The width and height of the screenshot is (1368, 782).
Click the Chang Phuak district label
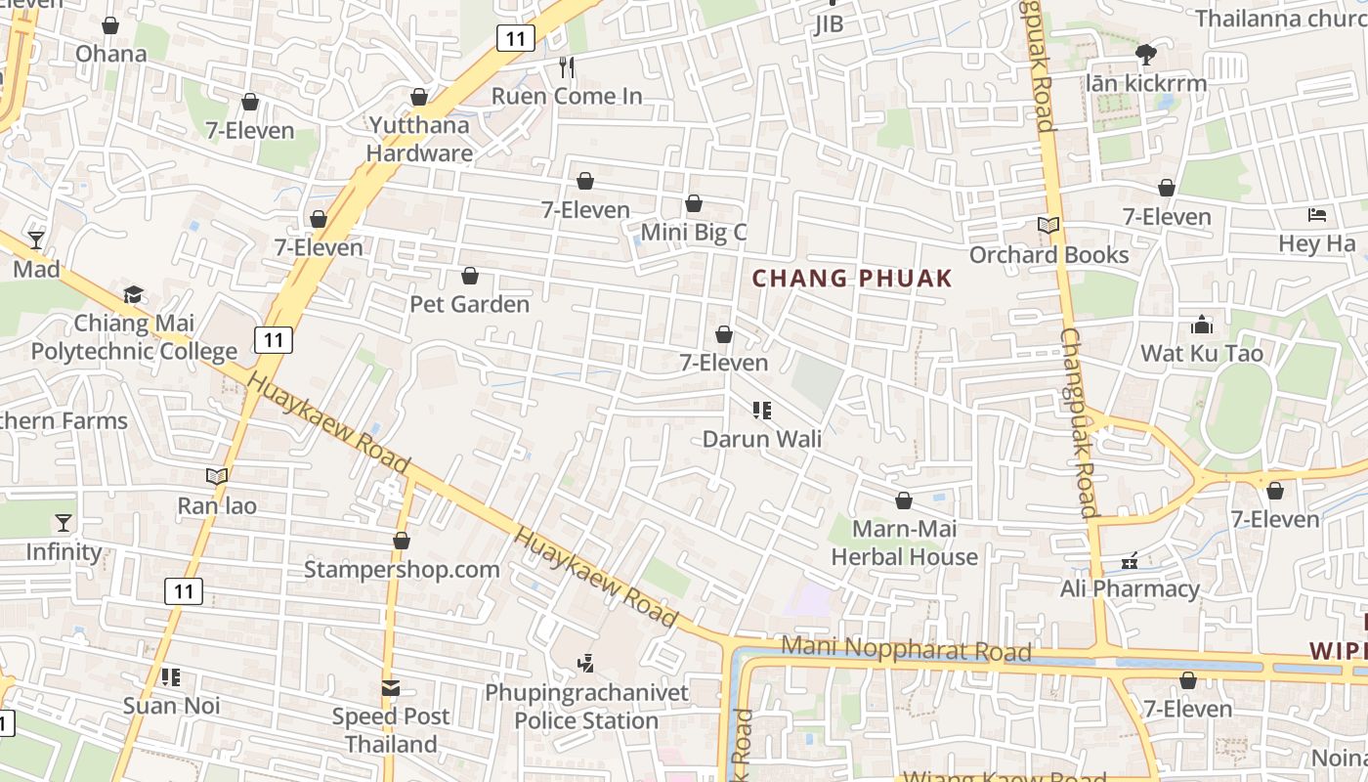click(852, 279)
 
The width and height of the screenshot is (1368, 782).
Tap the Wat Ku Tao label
click(1202, 353)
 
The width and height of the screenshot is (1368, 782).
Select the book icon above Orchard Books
click(1048, 225)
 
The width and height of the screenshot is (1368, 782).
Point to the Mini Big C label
click(694, 233)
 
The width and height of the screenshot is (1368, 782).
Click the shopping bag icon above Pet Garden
click(470, 277)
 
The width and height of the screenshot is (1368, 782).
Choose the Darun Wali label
click(762, 439)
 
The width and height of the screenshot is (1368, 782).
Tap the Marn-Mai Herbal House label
click(904, 543)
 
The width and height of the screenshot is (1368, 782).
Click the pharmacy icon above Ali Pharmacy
click(1131, 561)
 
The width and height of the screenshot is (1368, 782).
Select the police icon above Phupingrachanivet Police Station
click(585, 664)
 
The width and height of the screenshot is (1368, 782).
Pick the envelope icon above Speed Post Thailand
click(391, 688)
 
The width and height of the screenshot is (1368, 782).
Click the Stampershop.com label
click(402, 569)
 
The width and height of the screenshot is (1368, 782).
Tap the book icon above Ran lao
click(217, 476)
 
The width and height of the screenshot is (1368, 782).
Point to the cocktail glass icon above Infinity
click(64, 523)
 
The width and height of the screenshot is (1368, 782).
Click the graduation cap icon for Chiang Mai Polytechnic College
click(134, 294)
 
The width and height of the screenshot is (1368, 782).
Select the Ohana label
click(111, 54)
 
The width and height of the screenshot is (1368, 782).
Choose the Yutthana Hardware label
click(419, 139)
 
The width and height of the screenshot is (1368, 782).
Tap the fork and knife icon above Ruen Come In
click(567, 66)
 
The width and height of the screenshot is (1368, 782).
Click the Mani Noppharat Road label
click(907, 649)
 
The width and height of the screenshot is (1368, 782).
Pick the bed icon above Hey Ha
click(1317, 215)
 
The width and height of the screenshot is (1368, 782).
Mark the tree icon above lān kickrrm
click(1146, 54)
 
